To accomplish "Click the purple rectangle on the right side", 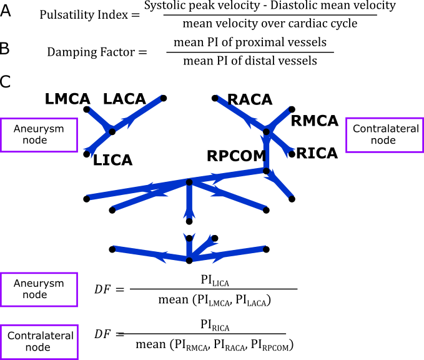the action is (384, 135).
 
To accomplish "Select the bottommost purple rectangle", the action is (39, 341).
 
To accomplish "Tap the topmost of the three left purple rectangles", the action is (39, 135).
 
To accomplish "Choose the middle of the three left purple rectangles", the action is (39, 289).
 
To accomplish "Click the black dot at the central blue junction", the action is (189, 182).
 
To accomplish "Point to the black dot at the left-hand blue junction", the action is (112, 131).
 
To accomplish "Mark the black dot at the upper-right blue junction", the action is (266, 132).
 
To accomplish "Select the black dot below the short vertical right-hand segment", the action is (266, 171).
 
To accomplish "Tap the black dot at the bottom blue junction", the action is (189, 260).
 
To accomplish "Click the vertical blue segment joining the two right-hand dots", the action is (267, 151).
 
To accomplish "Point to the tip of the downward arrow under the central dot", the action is (189, 217).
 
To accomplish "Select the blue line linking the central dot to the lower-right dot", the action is (228, 176).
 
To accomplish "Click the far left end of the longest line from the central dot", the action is (89, 197).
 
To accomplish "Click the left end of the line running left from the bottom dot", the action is (115, 249).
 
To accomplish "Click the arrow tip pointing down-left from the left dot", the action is (87, 151).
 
